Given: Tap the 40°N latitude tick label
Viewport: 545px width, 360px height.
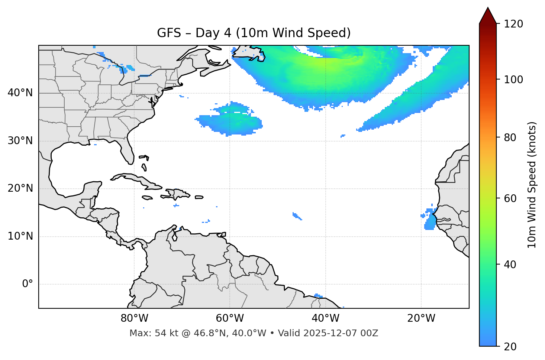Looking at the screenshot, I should (x=20, y=93).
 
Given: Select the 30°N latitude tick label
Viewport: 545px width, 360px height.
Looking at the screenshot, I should (x=20, y=141).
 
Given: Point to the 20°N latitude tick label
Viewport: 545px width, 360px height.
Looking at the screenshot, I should (x=20, y=188).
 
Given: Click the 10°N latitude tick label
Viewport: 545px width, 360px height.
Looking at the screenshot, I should (x=20, y=236).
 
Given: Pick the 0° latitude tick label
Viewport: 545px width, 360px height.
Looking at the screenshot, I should (x=28, y=284).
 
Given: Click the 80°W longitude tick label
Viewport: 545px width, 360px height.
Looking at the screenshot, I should (x=134, y=318).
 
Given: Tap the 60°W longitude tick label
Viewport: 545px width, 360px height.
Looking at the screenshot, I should (x=230, y=318).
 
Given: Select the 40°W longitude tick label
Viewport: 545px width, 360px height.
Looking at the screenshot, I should (x=326, y=318).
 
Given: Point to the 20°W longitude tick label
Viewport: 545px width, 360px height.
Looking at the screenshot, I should (x=421, y=318).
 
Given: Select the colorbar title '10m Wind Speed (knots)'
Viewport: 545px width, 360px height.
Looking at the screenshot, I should (x=532, y=185).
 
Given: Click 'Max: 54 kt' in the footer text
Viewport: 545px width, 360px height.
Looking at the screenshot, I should (x=145, y=333).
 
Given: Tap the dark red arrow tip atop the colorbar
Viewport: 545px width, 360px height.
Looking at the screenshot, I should (x=488, y=15).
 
